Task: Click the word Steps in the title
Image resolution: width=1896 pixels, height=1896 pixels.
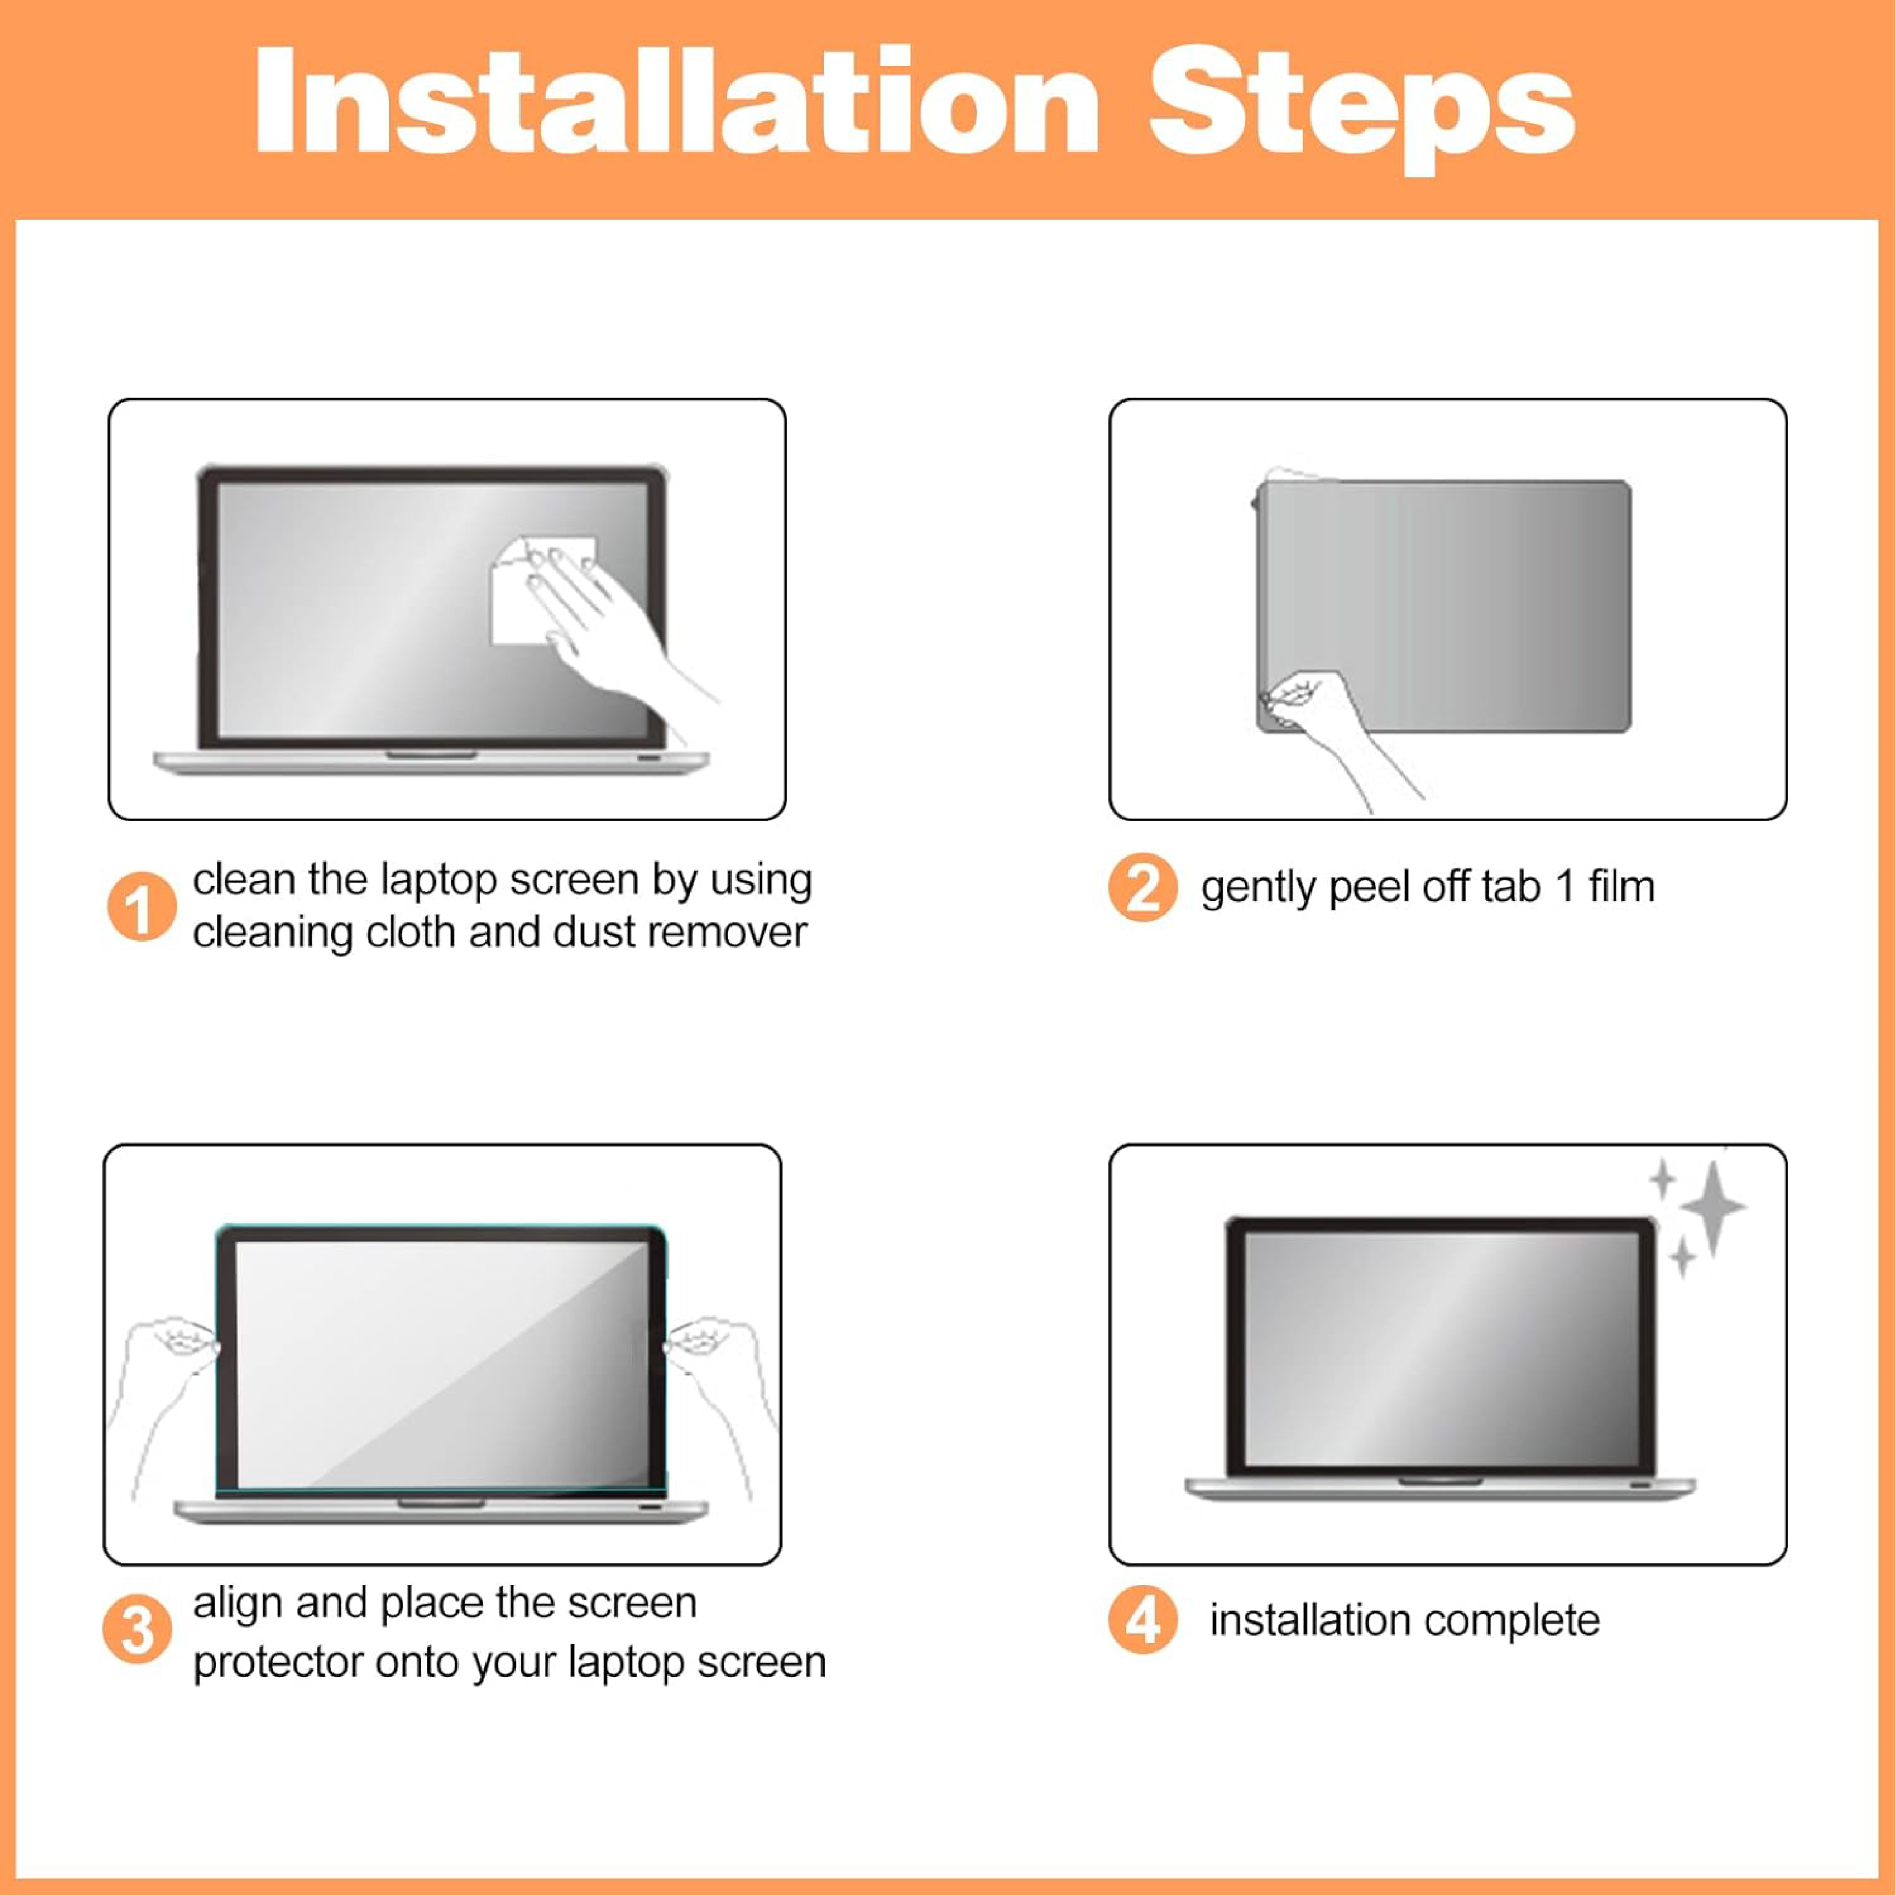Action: click(1361, 110)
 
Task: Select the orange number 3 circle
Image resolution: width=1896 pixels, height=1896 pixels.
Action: click(138, 1629)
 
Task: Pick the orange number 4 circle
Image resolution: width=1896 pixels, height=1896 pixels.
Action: click(1142, 1619)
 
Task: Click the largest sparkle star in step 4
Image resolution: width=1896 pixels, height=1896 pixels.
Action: click(1712, 1207)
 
